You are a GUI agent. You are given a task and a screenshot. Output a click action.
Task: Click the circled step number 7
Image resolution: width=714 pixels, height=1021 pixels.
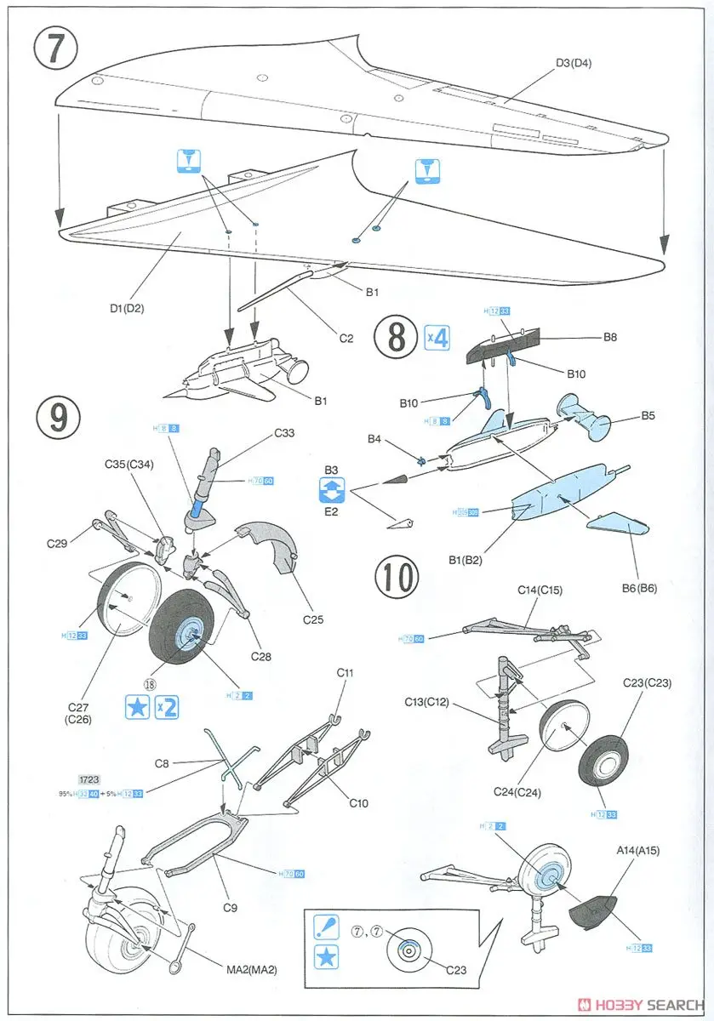coord(56,49)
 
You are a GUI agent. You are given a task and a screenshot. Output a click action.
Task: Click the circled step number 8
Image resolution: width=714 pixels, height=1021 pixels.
coord(397,336)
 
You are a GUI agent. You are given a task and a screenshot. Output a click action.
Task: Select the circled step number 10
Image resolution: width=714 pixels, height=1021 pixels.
coord(397,578)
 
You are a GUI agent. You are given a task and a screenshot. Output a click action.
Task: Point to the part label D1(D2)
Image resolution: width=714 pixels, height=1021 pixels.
coord(127,308)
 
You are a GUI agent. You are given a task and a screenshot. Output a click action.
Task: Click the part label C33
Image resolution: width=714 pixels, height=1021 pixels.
coord(284,432)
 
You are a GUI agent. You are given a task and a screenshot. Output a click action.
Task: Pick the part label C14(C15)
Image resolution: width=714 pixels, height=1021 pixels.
coord(540,590)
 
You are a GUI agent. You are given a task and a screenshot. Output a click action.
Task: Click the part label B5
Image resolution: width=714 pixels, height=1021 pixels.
coord(648,417)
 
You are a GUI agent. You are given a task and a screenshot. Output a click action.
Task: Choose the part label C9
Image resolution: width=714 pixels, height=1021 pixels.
coord(230,907)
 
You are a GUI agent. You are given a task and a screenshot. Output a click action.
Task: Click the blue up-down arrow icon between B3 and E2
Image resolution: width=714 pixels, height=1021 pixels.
coord(331,488)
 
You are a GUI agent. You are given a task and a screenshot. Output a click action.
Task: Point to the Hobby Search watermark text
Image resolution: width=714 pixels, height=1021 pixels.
coord(651,1004)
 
